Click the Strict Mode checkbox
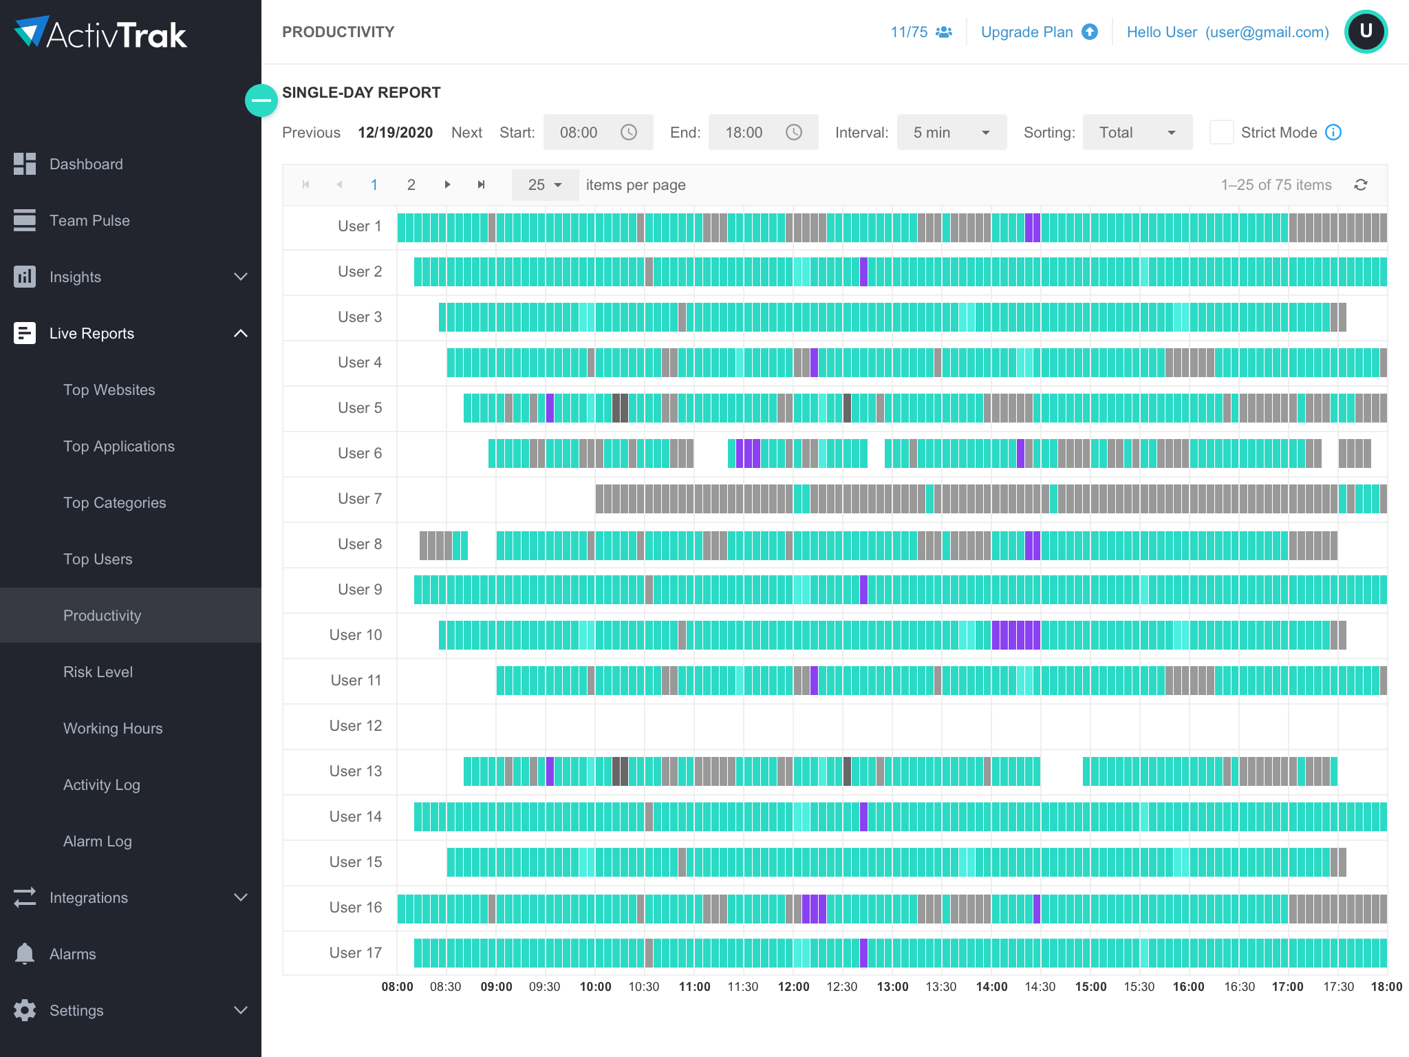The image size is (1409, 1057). click(1221, 132)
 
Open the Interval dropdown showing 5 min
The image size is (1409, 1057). click(951, 132)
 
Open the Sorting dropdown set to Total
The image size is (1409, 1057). click(1137, 132)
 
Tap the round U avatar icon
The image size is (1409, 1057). click(1366, 32)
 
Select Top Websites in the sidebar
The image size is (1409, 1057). click(109, 389)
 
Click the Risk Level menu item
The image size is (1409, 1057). click(98, 672)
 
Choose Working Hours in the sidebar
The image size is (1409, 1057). click(113, 728)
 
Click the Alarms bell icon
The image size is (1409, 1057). click(25, 954)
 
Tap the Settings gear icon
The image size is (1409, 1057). click(25, 1010)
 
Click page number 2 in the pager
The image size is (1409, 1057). click(411, 184)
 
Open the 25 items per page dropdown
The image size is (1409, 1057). click(544, 184)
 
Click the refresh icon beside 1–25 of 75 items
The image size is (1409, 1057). click(1360, 184)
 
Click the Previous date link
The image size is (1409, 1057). click(311, 132)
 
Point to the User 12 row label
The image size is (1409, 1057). click(355, 725)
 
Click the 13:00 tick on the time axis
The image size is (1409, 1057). click(892, 986)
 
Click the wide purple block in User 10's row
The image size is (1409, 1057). click(1015, 634)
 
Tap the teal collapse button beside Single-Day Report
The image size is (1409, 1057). click(261, 100)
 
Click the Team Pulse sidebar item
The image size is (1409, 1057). click(89, 220)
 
